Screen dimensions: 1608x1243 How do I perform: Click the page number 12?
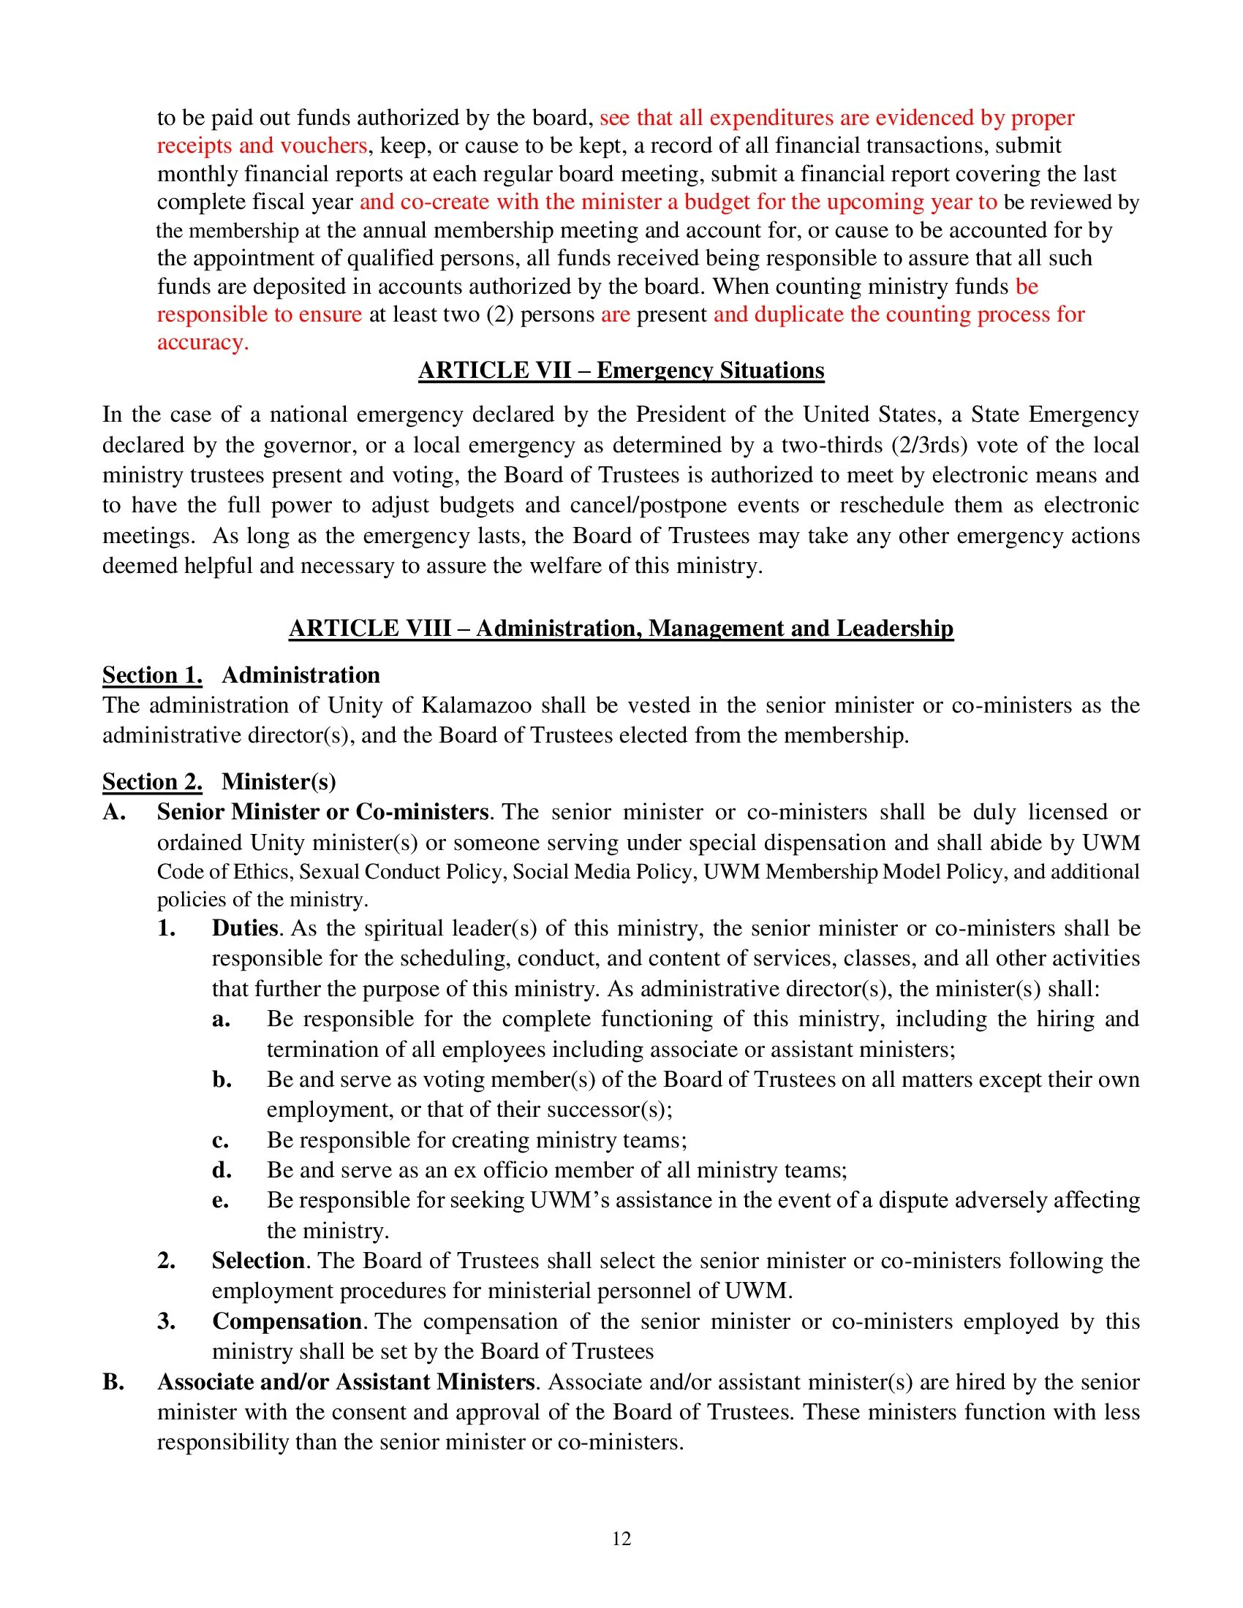pyautogui.click(x=621, y=1538)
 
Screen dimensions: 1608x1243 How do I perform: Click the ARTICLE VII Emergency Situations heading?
pyautogui.click(x=621, y=371)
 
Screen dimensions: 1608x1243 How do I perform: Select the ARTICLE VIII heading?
pyautogui.click(x=621, y=628)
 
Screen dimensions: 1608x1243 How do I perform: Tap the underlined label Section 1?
pyautogui.click(x=151, y=675)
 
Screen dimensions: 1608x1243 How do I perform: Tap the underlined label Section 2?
pyautogui.click(x=151, y=781)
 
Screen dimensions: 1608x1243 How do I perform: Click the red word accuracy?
pyautogui.click(x=202, y=343)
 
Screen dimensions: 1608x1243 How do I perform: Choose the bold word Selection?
pyautogui.click(x=257, y=1261)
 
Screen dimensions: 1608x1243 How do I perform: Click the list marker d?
pyautogui.click(x=222, y=1170)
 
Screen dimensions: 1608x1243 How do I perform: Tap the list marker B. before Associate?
pyautogui.click(x=113, y=1382)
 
